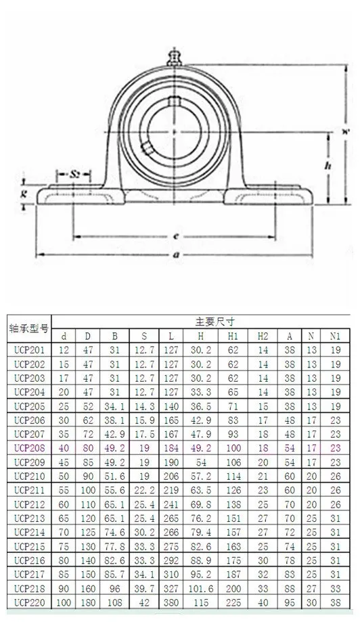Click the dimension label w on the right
tap(344, 132)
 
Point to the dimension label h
tap(328, 164)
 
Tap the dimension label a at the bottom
tap(175, 254)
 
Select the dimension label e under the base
tap(175, 236)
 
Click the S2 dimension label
tap(75, 174)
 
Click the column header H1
tap(233, 336)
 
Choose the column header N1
tap(334, 336)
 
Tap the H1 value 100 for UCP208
tap(233, 447)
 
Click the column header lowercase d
tap(64, 336)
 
